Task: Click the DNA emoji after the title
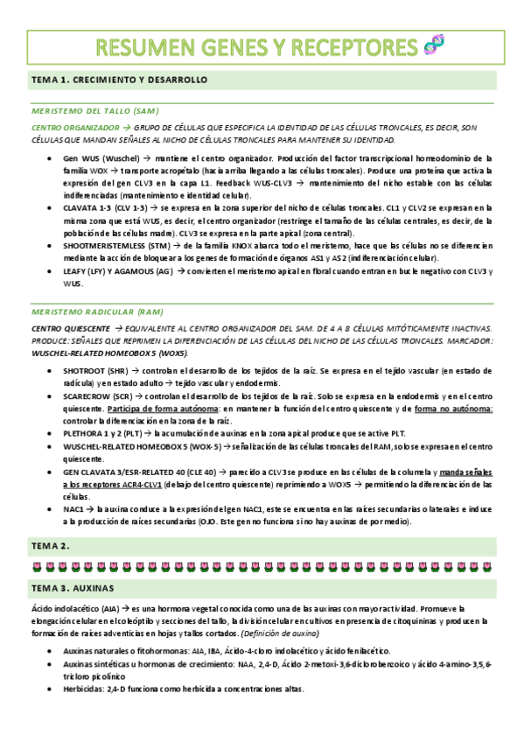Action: click(432, 45)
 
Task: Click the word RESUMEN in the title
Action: click(149, 46)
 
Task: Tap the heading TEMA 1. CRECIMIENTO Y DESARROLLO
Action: click(119, 80)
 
